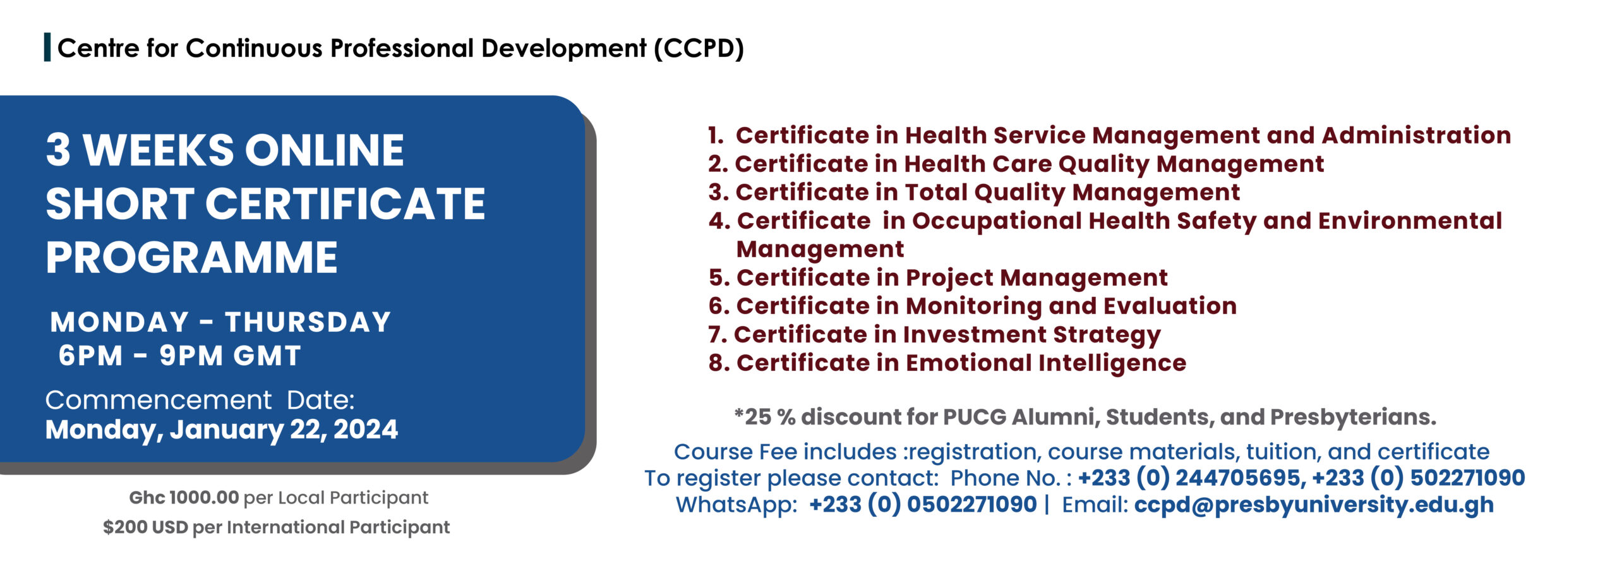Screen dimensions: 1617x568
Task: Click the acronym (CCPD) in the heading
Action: (x=699, y=49)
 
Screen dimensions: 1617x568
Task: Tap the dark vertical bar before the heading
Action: (x=47, y=48)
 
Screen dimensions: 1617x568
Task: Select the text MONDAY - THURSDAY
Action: (x=220, y=322)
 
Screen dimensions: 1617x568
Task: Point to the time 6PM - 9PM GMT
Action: (x=179, y=356)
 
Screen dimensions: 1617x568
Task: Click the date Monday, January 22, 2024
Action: (x=222, y=430)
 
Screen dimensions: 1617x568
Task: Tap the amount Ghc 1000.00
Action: (x=184, y=497)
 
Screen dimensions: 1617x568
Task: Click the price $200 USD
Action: (x=145, y=527)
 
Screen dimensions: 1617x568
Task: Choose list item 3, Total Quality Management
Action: (x=974, y=192)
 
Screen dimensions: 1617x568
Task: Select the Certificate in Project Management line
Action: (x=938, y=278)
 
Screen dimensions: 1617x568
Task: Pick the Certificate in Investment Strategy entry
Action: (x=934, y=335)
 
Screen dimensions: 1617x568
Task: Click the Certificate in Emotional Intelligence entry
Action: (x=947, y=363)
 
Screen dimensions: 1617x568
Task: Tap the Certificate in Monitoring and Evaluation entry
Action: (x=972, y=306)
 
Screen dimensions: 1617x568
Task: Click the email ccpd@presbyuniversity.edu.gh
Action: (x=1314, y=505)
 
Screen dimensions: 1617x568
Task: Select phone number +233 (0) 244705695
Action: (x=1191, y=478)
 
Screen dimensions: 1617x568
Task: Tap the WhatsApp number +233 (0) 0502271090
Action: (x=923, y=504)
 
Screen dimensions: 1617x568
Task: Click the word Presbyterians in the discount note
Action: (x=1353, y=418)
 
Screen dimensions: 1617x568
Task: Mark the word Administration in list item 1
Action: (x=1416, y=135)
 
